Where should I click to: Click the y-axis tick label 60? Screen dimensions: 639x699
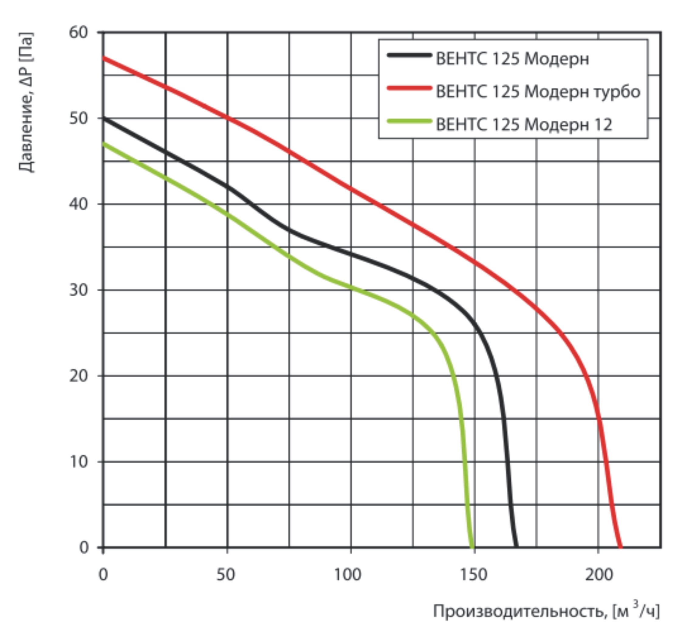point(79,32)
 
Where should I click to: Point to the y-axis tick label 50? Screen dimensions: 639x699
point(79,118)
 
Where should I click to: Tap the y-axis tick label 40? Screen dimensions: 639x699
point(79,204)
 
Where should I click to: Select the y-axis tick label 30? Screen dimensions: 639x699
point(79,290)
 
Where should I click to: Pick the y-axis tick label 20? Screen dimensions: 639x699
point(79,376)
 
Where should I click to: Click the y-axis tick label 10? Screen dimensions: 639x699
point(79,462)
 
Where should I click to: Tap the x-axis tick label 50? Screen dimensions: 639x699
point(226,575)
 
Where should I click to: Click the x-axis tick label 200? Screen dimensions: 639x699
point(599,575)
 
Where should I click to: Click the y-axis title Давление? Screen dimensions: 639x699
point(26,102)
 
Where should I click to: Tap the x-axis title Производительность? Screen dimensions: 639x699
point(546,612)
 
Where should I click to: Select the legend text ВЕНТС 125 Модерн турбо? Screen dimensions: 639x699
point(538,92)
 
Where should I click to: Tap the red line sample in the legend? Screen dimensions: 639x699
point(409,88)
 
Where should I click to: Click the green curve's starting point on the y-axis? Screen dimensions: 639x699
point(103,144)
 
